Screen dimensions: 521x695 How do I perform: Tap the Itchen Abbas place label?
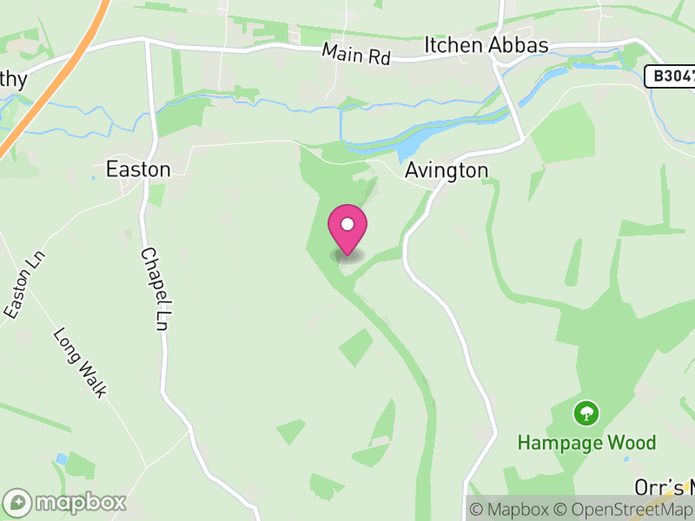[x=486, y=45]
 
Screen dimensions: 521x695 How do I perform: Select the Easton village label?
[x=138, y=168]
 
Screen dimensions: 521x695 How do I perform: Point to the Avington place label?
[x=447, y=170]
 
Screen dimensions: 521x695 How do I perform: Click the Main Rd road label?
[x=356, y=53]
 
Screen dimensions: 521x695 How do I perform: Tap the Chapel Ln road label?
[x=154, y=289]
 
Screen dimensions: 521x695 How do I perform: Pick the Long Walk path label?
[x=80, y=362]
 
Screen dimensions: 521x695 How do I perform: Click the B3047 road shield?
[x=671, y=76]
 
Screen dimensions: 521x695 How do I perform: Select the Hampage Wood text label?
[x=586, y=443]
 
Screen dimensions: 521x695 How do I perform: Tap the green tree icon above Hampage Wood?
[x=587, y=412]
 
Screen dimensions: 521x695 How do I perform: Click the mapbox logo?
[x=66, y=503]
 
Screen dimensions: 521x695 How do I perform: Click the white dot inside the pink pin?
[x=347, y=224]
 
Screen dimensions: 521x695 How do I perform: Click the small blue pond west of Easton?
[x=92, y=178]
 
